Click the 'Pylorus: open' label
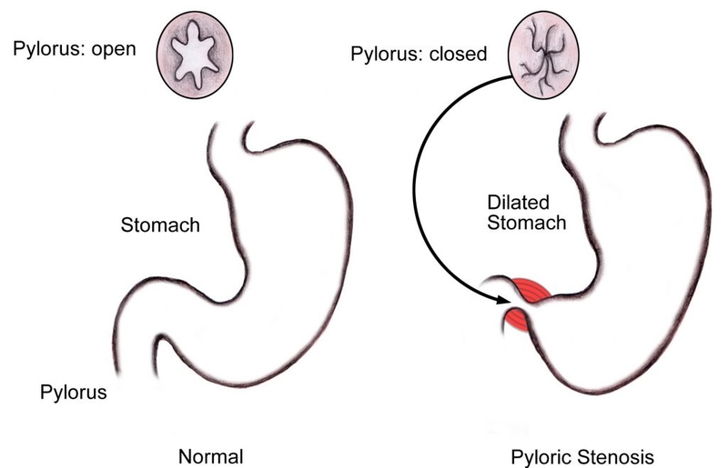pyautogui.click(x=74, y=48)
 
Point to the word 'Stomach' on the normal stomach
pyautogui.click(x=160, y=224)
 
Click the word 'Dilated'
pyautogui.click(x=512, y=204)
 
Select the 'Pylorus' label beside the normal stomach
pyautogui.click(x=74, y=393)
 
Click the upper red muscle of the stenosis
pyautogui.click(x=529, y=292)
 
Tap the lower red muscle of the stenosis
pyautogui.click(x=516, y=321)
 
